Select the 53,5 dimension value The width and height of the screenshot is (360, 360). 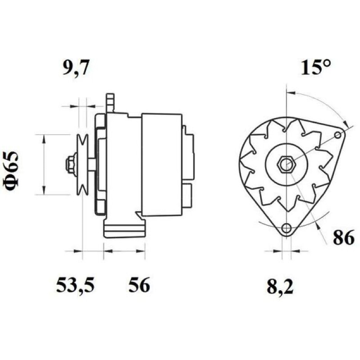coord(75,285)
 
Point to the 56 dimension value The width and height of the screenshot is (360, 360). coord(139,284)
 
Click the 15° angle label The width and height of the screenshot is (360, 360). coord(316,67)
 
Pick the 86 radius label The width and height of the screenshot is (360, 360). coord(344,238)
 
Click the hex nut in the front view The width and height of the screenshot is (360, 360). coord(286,164)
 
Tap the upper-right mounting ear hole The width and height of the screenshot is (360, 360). coord(338,135)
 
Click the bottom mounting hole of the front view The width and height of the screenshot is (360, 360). coord(286,228)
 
